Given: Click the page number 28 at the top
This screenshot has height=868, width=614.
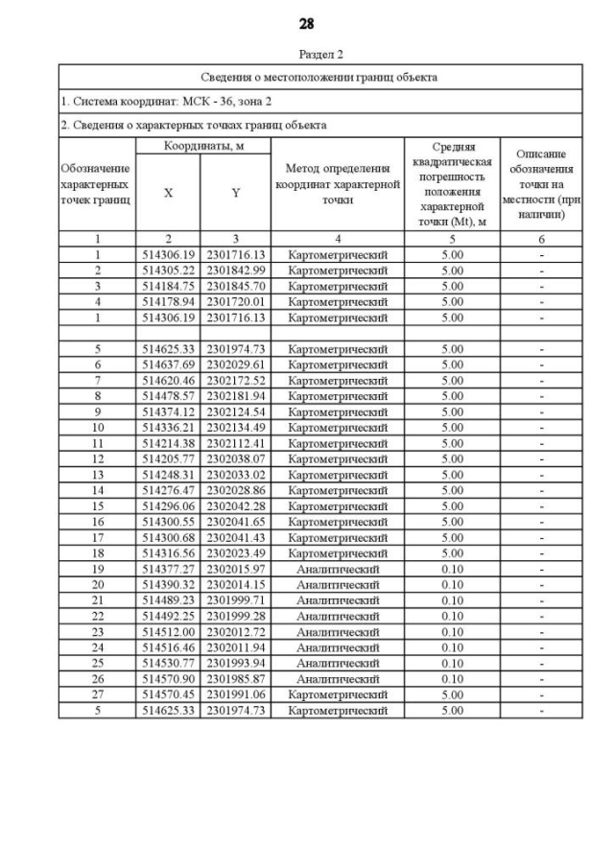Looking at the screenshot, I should tap(307, 22).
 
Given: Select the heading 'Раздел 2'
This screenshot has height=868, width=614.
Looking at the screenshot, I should tap(320, 55).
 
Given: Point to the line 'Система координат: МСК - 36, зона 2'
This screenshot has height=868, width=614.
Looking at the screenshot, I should tap(155, 101).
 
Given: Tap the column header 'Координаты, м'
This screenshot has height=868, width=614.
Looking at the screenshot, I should tap(203, 145).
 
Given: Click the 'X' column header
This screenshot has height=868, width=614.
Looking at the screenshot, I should tap(168, 193).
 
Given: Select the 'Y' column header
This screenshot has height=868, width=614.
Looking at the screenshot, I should tap(235, 193).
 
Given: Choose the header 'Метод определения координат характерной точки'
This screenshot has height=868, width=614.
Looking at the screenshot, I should tap(337, 184).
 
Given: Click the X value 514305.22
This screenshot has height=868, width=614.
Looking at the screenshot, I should tap(169, 270).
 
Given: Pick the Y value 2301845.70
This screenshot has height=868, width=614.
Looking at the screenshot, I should tap(235, 286).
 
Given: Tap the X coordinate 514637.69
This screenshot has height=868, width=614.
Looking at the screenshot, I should tap(169, 364).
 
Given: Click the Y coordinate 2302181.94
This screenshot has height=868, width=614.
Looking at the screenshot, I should tap(235, 396).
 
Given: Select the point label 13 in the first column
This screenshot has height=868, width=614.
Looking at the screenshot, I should tap(97, 475).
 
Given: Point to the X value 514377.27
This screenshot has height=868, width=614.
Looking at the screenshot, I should tap(169, 569).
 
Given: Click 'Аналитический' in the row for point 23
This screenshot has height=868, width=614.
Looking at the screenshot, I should tap(337, 632).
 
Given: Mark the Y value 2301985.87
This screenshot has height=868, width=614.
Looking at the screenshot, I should tap(235, 679).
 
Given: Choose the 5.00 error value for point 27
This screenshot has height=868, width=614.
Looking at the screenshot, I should tap(451, 694).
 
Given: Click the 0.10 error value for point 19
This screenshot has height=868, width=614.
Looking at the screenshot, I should tap(451, 569).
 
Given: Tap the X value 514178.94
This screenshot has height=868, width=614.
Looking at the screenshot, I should tap(169, 301).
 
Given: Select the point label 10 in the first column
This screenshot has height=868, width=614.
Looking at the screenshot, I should tap(97, 428).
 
